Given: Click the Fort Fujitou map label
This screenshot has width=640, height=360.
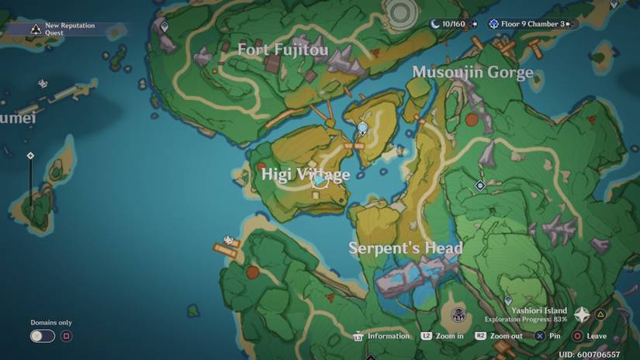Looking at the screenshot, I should click(282, 50).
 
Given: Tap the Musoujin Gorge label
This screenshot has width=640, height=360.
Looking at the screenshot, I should click(472, 73).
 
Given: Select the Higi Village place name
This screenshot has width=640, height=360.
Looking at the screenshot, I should click(305, 175).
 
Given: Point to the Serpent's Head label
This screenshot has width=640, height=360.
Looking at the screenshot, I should click(405, 248).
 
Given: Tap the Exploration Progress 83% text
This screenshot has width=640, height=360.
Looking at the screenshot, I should click(526, 319).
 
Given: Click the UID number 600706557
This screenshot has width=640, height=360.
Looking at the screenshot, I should click(589, 354).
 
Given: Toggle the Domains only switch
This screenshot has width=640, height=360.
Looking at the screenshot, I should click(43, 336).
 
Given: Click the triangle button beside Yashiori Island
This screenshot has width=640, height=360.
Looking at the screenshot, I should click(601, 314).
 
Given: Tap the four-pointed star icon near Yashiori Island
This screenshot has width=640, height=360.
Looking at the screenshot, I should click(581, 314).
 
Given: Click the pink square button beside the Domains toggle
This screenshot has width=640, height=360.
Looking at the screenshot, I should click(66, 336).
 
